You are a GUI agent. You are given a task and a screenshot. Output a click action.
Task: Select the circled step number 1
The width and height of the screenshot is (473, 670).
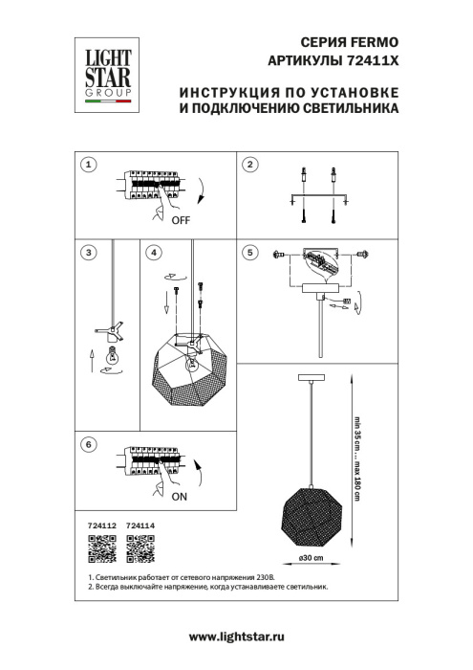pyautogui.click(x=88, y=165)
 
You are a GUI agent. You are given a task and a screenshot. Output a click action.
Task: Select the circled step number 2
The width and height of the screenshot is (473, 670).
pyautogui.click(x=250, y=165)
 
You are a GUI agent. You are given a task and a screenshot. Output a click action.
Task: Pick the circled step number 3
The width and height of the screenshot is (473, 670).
pyautogui.click(x=88, y=253)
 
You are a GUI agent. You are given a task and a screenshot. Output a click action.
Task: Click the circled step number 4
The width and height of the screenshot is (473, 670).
pyautogui.click(x=153, y=253)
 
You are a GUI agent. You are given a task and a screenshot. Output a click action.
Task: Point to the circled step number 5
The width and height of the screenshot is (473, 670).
pyautogui.click(x=250, y=253)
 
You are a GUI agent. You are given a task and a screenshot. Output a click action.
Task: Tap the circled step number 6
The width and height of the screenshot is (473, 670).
pyautogui.click(x=88, y=444)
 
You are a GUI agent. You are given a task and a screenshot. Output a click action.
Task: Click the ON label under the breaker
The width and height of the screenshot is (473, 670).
pyautogui.click(x=180, y=499)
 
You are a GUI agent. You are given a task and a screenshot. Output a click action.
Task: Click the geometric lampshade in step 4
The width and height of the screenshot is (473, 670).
pyautogui.click(x=190, y=373)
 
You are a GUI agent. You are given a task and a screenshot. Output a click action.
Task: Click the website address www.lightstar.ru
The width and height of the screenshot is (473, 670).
pyautogui.click(x=237, y=636)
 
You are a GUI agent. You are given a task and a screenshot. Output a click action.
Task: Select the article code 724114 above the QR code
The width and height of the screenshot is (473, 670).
pyautogui.click(x=140, y=525)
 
